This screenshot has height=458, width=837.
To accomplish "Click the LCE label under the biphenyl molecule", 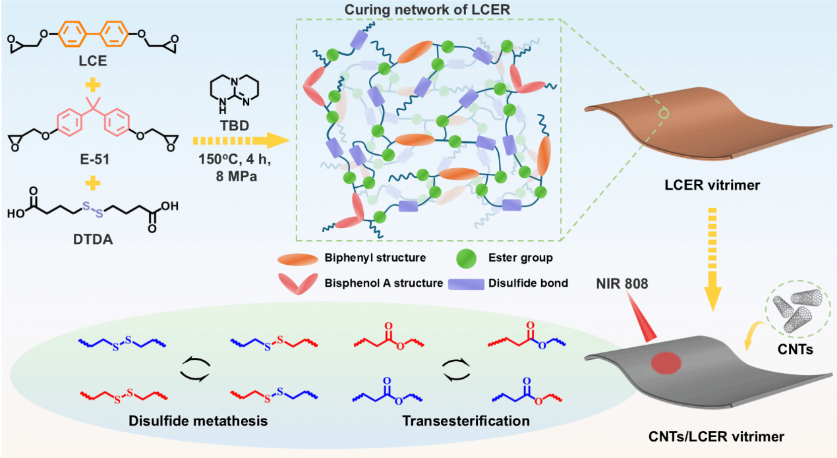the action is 93,61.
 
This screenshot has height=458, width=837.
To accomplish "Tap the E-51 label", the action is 94,159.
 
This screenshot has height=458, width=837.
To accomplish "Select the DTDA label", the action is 93,239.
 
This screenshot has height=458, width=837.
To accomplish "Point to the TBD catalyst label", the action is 234,125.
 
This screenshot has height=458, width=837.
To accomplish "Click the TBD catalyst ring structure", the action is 234,94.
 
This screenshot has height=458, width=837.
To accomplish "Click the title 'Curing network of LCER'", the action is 427,10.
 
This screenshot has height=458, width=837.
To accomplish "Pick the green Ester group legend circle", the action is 467,258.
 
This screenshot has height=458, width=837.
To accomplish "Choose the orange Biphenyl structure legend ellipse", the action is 297,259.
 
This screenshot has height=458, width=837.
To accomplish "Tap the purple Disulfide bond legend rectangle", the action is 466,284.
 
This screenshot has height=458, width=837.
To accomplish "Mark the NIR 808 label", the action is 621,283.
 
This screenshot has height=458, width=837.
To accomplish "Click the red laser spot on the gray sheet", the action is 666,362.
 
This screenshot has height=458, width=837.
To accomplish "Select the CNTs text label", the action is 795,349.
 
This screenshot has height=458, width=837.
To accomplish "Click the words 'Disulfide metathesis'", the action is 198,421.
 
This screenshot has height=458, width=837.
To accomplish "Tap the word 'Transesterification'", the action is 466,421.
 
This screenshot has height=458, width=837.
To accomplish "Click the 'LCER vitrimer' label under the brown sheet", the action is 712,185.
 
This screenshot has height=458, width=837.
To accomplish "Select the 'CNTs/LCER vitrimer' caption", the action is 716,436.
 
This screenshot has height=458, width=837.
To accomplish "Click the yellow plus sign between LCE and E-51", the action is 93,85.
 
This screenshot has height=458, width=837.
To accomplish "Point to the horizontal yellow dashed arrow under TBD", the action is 241,141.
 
